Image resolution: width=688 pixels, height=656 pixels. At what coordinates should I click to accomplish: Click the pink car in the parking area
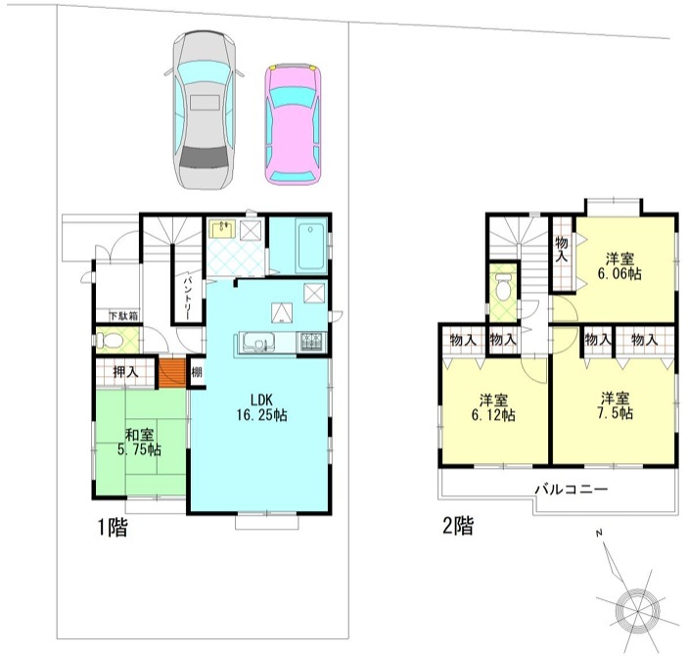(293, 124)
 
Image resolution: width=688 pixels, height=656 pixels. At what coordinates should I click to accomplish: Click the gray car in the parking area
(204, 110)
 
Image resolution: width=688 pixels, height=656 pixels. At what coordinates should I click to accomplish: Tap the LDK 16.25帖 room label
(261, 407)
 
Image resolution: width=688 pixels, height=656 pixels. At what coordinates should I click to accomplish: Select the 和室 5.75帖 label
(139, 443)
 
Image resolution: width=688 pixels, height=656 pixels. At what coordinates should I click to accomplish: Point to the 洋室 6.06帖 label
(619, 266)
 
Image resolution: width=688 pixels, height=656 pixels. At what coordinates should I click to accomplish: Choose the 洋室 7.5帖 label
(616, 406)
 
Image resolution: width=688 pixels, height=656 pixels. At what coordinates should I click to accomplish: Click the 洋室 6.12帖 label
(493, 407)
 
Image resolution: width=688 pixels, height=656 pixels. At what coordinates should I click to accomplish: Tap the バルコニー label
(572, 490)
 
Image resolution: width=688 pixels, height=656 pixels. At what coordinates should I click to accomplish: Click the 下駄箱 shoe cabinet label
(123, 315)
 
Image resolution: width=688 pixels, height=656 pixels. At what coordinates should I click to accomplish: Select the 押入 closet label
(125, 372)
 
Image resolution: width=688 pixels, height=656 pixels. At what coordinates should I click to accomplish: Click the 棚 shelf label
(197, 372)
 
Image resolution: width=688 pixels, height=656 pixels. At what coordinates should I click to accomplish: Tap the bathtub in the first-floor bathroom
(311, 245)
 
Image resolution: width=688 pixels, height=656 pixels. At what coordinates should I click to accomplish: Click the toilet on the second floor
(503, 287)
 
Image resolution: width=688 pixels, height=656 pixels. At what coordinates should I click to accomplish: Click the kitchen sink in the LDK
(259, 341)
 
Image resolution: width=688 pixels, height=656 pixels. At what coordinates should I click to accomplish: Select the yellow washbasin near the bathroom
(222, 229)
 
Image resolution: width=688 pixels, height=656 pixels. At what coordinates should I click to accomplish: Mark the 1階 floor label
(112, 527)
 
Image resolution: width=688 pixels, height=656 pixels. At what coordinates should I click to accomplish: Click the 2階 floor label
(459, 525)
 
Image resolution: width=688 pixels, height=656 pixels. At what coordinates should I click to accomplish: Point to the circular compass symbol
(637, 609)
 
